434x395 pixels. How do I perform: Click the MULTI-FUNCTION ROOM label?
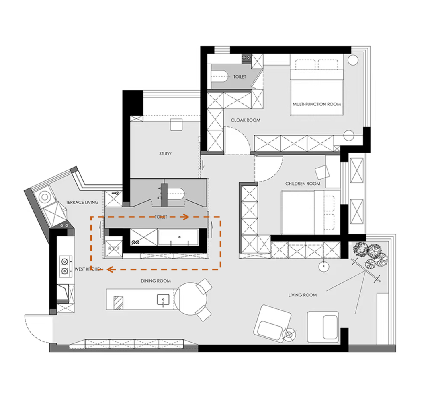tap(317, 104)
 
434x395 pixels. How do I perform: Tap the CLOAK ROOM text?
tap(246, 120)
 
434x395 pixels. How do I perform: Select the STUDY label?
tap(165, 154)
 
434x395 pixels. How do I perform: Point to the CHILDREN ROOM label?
tap(303, 184)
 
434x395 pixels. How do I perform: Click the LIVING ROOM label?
tap(303, 295)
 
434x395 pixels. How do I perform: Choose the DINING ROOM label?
tap(156, 281)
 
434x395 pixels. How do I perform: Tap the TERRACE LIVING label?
tap(82, 202)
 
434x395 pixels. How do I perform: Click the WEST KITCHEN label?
tap(88, 269)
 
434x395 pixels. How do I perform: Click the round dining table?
tap(191, 299)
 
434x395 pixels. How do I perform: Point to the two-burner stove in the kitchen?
tap(66, 266)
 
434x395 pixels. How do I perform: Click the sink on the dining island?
tap(163, 300)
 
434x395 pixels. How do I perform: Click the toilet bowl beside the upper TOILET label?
tap(219, 76)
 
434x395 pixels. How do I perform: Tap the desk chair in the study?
tap(176, 124)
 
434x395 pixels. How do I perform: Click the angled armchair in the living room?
tap(272, 323)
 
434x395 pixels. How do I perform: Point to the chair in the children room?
tap(322, 172)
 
